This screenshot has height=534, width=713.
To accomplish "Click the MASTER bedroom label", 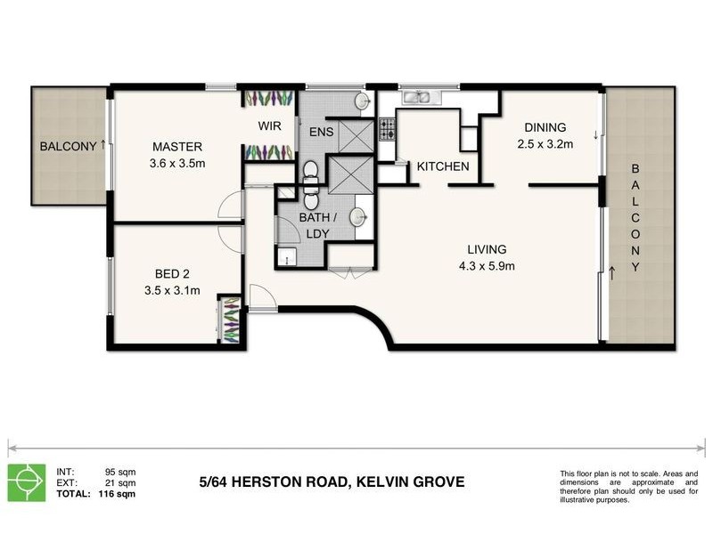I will tap(177, 147).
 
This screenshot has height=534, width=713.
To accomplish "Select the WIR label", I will tap(271, 125).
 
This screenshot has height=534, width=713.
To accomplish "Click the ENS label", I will tap(321, 133).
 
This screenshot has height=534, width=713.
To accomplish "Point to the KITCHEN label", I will tap(443, 166).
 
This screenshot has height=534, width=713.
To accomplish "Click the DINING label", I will tap(545, 127).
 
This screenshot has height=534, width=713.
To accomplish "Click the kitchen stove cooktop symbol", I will tap(388, 129).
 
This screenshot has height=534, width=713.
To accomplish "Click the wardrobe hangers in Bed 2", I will tap(230, 318).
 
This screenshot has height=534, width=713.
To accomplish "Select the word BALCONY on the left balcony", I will tap(67, 147).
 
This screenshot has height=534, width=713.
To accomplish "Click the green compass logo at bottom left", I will tap(28, 482).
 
